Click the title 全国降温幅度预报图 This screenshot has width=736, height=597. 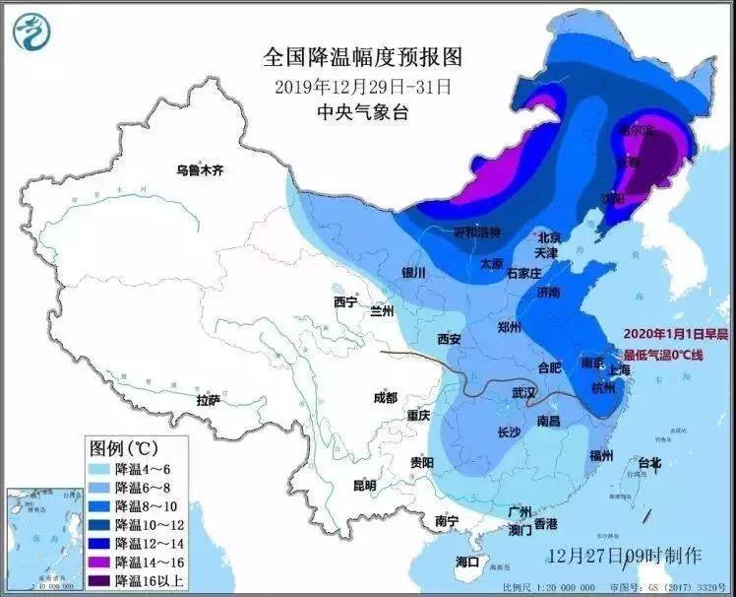(362, 56)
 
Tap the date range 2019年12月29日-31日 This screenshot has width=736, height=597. (362, 86)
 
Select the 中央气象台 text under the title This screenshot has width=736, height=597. (362, 112)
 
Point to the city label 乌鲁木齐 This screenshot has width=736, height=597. (201, 170)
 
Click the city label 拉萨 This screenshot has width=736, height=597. (208, 401)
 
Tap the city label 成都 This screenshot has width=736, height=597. (386, 398)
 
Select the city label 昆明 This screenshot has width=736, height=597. (364, 486)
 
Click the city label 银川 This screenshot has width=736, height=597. (413, 273)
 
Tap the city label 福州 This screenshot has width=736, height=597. (601, 455)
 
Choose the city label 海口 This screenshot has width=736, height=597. (467, 562)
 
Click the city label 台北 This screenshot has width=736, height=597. (649, 462)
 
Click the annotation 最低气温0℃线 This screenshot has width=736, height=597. (677, 351)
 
